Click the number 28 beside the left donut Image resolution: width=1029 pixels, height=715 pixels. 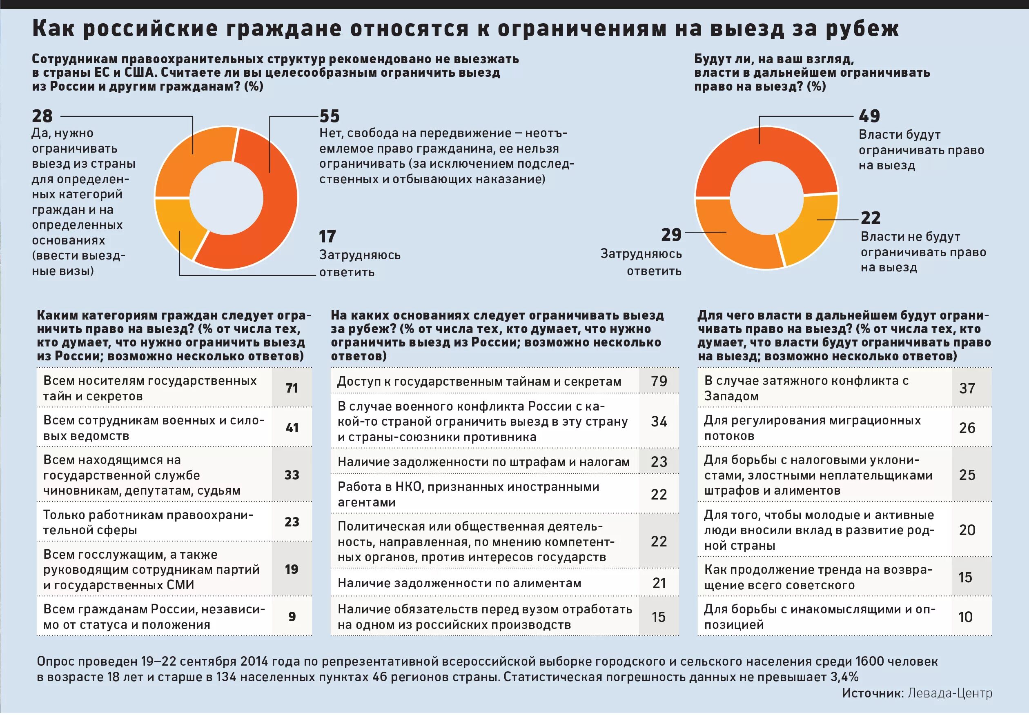coord(42,116)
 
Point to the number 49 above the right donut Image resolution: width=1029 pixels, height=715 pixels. coord(869,116)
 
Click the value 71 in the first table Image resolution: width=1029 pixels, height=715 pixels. coord(292,388)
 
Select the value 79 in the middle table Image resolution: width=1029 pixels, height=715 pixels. coord(659,381)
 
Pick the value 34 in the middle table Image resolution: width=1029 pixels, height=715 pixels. coord(659,422)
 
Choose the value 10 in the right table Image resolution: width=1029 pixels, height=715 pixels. coord(965,617)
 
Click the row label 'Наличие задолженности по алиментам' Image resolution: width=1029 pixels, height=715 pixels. coord(459,583)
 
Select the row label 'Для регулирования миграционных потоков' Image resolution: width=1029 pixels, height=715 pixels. coord(812,428)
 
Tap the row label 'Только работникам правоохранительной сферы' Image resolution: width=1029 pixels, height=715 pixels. coord(148,522)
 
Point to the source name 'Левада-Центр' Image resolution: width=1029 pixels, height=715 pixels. coord(950,693)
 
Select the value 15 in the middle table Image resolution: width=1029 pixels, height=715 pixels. coord(658,617)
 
